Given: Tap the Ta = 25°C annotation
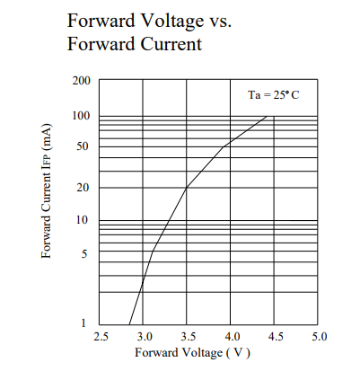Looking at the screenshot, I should (273, 95).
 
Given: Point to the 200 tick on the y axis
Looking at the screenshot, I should (82, 81).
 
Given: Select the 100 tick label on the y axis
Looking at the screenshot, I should (82, 116).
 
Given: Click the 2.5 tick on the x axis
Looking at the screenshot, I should (100, 337).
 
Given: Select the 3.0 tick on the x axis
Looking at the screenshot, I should (144, 337).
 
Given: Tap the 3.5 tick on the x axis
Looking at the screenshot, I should (187, 337).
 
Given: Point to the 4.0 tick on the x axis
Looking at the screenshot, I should (231, 337).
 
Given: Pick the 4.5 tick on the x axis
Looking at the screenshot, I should (275, 337).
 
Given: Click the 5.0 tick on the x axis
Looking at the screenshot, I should (318, 337).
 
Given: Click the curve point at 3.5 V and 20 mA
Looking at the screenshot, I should (187, 188).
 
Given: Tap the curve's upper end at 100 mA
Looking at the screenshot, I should (267, 116).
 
